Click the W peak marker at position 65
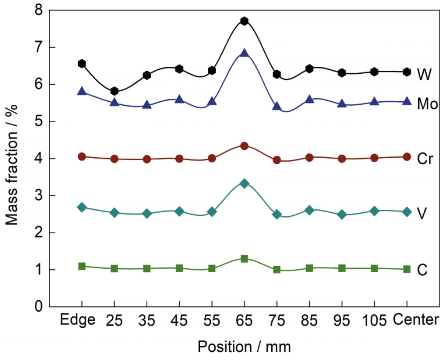click(x=244, y=21)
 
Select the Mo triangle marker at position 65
click(x=244, y=54)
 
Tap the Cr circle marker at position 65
click(x=244, y=146)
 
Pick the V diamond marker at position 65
click(x=244, y=183)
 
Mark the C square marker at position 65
click(x=244, y=258)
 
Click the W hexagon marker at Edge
click(x=82, y=63)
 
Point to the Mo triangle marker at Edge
click(x=82, y=91)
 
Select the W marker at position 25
click(x=115, y=91)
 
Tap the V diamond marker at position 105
click(x=374, y=211)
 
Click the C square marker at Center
click(x=406, y=269)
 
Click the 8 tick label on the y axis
click(x=39, y=10)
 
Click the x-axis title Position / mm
click(x=244, y=347)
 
